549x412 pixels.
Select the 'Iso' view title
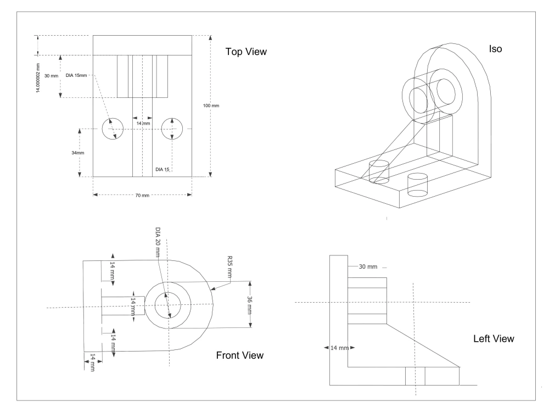[x=495, y=49]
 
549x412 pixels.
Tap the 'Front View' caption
[x=240, y=355]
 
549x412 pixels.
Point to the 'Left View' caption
[x=494, y=339]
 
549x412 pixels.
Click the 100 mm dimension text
[x=211, y=105]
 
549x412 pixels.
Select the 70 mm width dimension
[x=142, y=196]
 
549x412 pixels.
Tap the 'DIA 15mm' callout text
[x=76, y=75]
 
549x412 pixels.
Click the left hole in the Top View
[x=113, y=129]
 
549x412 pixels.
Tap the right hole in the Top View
[x=172, y=129]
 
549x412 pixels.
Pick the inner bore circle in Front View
[x=167, y=304]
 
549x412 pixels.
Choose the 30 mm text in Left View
[x=368, y=266]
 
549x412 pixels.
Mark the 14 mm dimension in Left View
[x=339, y=348]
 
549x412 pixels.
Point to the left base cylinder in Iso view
[x=379, y=171]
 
